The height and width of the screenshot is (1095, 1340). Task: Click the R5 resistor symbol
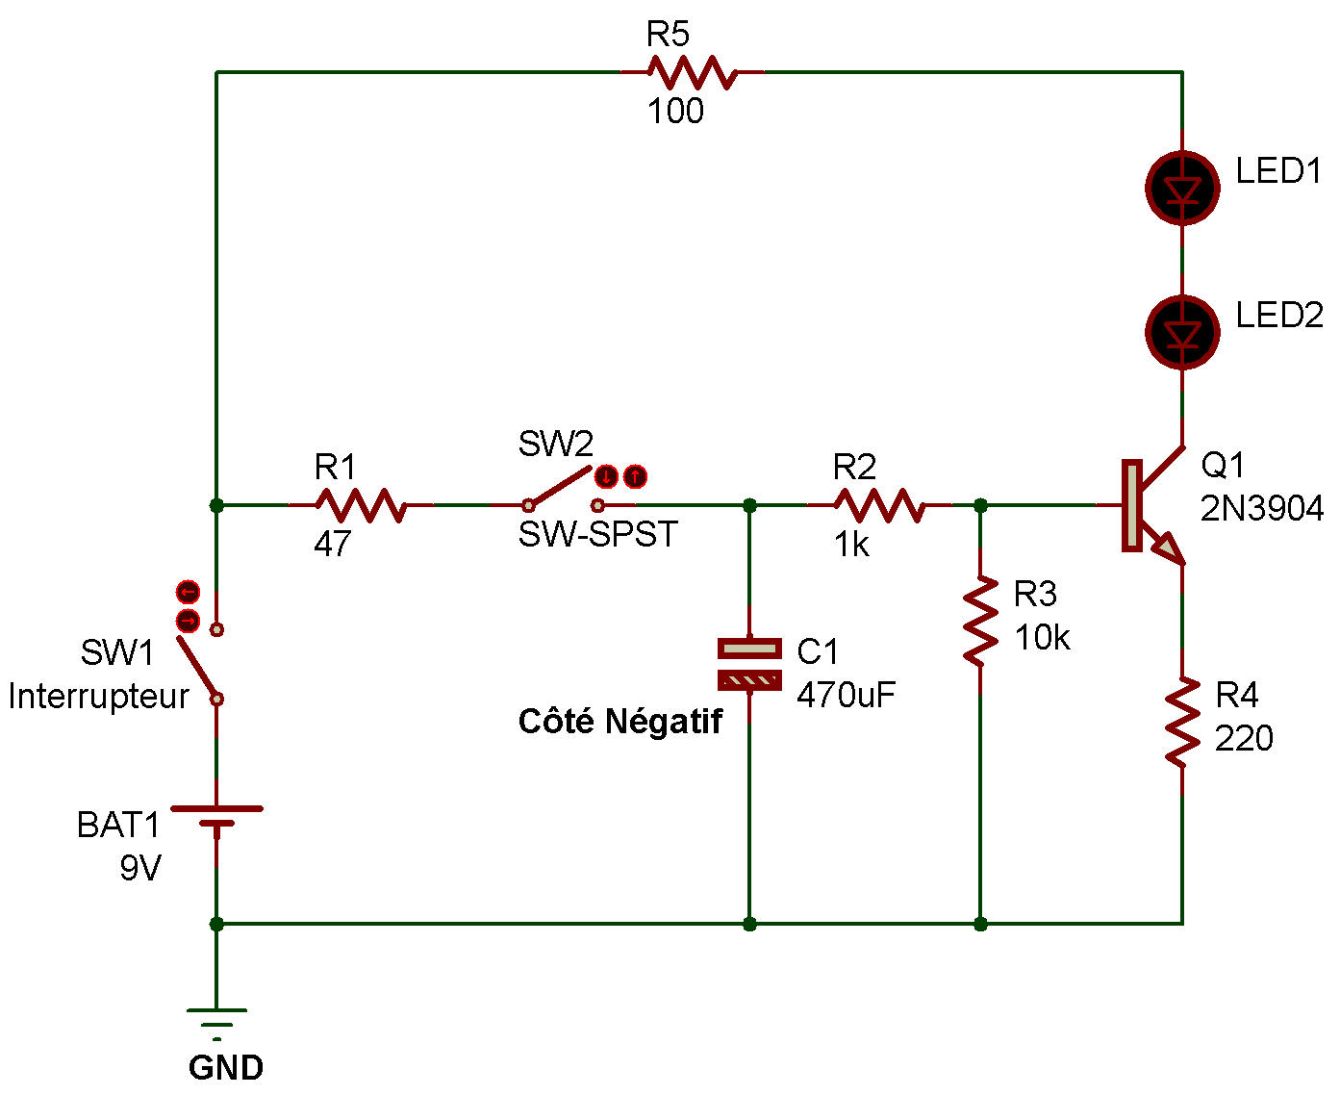(x=692, y=72)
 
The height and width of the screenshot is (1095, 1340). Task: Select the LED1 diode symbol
(x=1182, y=189)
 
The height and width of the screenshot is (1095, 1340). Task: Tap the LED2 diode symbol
(x=1182, y=333)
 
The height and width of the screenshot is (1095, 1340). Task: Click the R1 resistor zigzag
(x=360, y=504)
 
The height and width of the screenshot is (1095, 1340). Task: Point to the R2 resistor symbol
(x=879, y=504)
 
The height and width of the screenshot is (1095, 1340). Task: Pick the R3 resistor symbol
(x=980, y=621)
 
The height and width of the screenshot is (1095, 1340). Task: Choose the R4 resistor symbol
(x=1182, y=722)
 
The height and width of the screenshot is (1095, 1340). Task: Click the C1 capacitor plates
(x=749, y=665)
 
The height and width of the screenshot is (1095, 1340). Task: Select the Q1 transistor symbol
(x=1150, y=506)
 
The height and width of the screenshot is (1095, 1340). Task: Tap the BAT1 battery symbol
(x=217, y=818)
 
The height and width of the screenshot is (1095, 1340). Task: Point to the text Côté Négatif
(x=619, y=722)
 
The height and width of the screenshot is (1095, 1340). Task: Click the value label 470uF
(x=846, y=695)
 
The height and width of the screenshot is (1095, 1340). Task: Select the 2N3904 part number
(x=1261, y=508)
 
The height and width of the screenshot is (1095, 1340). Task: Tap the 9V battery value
(x=140, y=868)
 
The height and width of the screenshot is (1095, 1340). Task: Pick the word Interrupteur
(x=98, y=696)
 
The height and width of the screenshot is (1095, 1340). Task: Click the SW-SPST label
(x=597, y=534)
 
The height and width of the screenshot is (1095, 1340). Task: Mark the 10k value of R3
(x=1042, y=637)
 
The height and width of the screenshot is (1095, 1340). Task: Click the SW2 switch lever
(x=562, y=487)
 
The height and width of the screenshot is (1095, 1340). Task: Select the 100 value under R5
(x=675, y=112)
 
